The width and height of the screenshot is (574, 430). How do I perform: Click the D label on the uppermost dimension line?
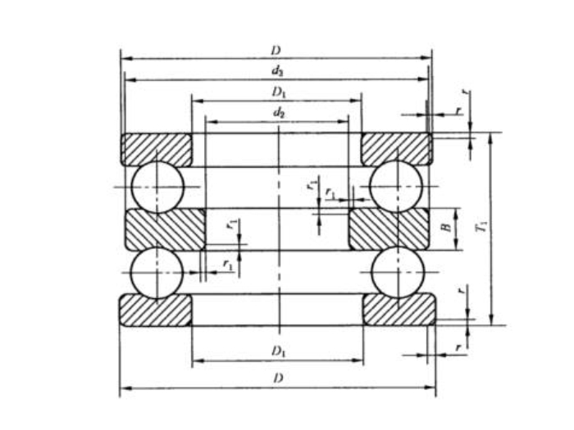(x=276, y=51)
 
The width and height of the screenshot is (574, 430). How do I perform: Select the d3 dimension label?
(x=278, y=71)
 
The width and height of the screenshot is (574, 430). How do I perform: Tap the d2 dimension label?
(x=279, y=112)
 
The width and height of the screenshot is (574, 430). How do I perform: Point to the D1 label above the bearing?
(x=279, y=92)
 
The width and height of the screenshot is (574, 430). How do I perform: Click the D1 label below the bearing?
(x=279, y=351)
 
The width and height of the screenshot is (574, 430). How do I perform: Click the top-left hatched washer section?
(x=156, y=148)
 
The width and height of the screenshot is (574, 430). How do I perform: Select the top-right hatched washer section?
(x=396, y=148)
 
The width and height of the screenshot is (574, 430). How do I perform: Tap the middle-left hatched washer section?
(x=164, y=229)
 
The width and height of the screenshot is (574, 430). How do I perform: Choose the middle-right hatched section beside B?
(x=389, y=229)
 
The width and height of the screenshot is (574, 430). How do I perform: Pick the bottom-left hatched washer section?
(x=156, y=310)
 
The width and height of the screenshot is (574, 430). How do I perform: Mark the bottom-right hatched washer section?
(x=399, y=310)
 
